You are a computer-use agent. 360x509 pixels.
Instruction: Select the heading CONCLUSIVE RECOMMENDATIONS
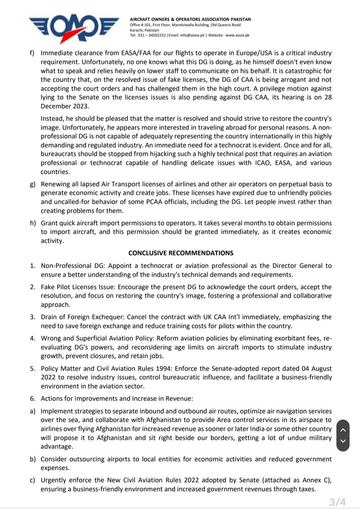(180, 253)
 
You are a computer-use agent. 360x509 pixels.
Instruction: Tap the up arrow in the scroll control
(344, 429)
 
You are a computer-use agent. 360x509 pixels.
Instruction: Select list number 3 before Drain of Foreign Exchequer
(32, 317)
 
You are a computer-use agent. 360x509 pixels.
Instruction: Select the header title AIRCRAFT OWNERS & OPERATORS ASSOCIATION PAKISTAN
(191, 19)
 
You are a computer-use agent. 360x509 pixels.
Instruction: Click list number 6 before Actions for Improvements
(32, 399)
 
